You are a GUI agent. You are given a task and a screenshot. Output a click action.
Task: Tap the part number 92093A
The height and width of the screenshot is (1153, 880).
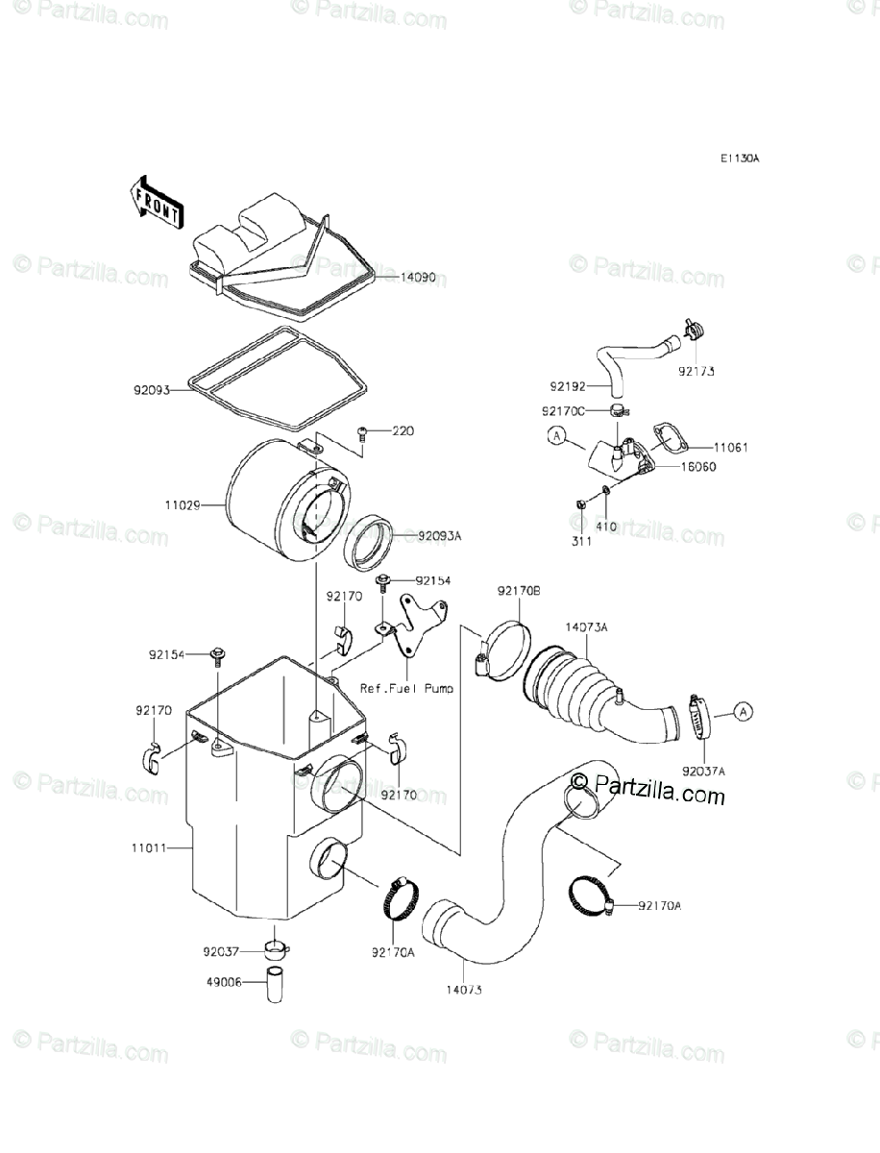[x=440, y=535]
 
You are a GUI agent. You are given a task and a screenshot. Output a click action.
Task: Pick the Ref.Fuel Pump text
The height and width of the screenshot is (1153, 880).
[x=406, y=688]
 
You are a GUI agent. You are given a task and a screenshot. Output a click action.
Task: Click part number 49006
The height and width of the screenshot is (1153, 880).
[x=220, y=982]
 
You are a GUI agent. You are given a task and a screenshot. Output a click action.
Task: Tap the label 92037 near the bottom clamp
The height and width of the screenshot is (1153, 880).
[x=220, y=954]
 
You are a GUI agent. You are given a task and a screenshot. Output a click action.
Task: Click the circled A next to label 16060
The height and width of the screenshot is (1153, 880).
[x=555, y=437]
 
